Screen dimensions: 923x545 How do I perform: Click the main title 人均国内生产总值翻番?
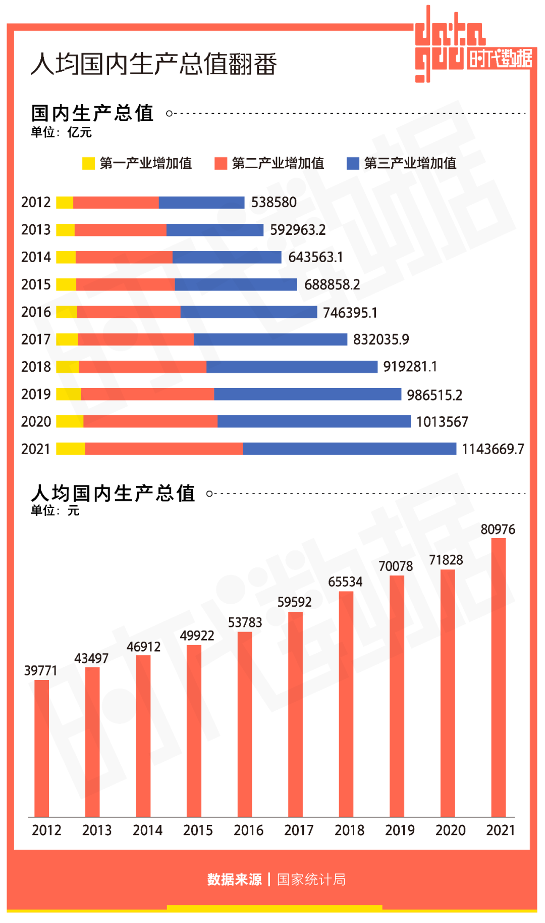click(x=153, y=64)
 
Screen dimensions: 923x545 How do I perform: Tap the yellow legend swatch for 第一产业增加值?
click(x=88, y=163)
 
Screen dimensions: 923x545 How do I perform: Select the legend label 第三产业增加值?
click(x=410, y=163)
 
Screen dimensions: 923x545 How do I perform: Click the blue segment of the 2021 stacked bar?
click(x=349, y=449)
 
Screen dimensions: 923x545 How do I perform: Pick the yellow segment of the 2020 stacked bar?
click(x=70, y=421)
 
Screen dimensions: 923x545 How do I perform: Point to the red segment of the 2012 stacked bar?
click(x=116, y=203)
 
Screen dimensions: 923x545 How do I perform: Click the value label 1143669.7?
click(x=493, y=449)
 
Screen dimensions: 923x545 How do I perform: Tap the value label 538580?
click(x=274, y=203)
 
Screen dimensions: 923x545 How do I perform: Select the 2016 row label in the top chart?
click(x=36, y=312)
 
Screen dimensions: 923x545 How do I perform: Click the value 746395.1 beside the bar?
click(x=350, y=313)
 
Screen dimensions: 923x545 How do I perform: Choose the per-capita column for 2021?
click(x=498, y=677)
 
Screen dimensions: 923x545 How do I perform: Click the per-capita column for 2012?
click(x=42, y=748)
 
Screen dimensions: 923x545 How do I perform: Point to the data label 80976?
click(x=498, y=529)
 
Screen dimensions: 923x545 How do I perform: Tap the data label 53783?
click(x=245, y=622)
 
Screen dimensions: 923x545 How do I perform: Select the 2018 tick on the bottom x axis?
click(x=349, y=830)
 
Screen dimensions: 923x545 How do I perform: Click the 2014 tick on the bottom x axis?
click(x=147, y=830)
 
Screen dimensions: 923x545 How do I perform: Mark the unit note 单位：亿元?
click(x=61, y=132)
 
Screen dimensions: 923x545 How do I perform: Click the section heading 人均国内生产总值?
click(x=113, y=493)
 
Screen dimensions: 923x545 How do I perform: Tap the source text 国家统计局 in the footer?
click(x=311, y=880)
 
